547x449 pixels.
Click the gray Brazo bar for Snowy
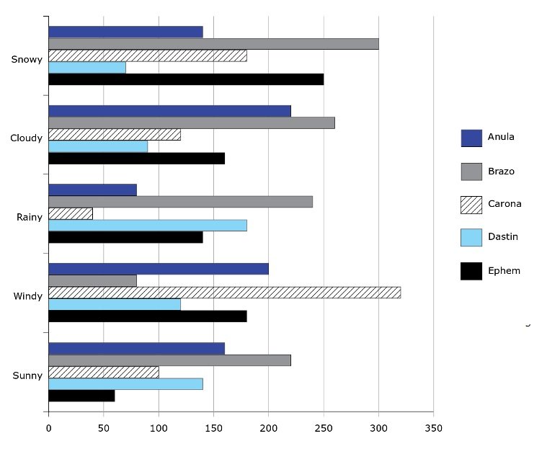213,44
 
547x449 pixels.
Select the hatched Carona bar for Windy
224,293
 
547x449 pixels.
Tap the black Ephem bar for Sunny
81,396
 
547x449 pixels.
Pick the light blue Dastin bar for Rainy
147,226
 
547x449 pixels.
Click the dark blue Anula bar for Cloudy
169,111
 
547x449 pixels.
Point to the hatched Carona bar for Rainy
71,213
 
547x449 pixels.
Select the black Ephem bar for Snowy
186,79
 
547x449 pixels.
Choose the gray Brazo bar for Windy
92,280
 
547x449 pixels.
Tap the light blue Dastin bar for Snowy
87,68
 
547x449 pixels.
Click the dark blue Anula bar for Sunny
136,349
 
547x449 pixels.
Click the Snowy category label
27,59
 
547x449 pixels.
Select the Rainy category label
29,217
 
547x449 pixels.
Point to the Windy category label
27,296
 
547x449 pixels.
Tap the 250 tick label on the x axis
324,428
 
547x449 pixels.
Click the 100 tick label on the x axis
159,428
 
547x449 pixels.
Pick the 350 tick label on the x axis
433,428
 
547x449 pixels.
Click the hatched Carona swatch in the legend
471,205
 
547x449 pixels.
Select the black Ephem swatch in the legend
471,272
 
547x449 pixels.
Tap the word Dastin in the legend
502,236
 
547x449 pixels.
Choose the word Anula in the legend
501,137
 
